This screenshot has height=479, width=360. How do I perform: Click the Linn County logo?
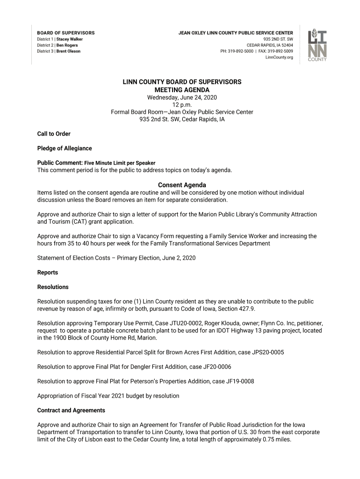(317, 45)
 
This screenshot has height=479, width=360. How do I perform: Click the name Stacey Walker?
(70, 39)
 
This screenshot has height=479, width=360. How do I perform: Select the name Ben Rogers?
(68, 45)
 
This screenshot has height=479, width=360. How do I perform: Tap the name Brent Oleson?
(68, 51)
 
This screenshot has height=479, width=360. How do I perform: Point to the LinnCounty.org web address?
(279, 58)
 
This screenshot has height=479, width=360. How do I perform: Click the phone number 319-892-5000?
(240, 51)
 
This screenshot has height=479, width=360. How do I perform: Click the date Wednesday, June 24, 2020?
(182, 97)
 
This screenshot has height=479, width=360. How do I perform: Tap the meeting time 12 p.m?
(182, 105)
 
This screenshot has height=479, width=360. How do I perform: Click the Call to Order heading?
(54, 134)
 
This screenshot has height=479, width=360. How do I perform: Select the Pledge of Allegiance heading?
(65, 148)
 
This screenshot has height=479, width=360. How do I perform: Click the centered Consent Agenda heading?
(182, 185)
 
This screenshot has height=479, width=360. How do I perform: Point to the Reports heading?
(48, 272)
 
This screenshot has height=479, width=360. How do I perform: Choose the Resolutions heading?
(53, 287)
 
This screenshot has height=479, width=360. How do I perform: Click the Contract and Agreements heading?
(71, 410)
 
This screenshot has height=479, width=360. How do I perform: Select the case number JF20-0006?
(214, 367)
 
